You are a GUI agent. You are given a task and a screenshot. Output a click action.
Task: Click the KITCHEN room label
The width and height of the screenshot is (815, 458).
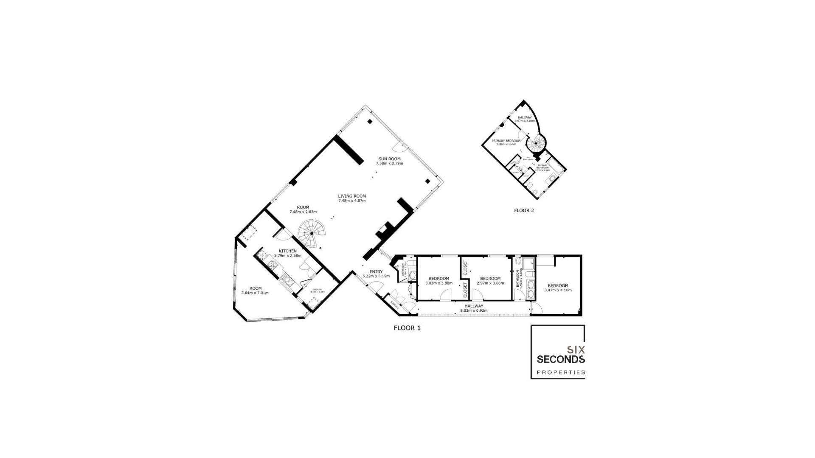[287, 251]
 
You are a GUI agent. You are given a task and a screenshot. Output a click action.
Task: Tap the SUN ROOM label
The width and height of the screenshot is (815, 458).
[389, 159]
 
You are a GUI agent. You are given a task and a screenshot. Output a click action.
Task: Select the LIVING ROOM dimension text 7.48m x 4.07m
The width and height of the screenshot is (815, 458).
[351, 201]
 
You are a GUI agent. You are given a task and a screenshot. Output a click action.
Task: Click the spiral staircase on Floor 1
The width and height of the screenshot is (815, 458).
[311, 233]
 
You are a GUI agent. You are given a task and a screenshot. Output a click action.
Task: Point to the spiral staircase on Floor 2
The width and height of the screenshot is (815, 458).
[536, 143]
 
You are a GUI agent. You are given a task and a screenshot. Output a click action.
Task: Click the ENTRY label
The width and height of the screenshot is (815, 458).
[376, 272]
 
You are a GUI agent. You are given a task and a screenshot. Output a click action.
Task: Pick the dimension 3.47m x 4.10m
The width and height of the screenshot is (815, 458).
[558, 290]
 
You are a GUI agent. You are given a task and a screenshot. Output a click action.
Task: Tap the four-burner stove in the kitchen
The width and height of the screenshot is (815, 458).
[273, 265]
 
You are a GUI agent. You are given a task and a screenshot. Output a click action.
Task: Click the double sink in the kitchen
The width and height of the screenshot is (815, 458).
[288, 280]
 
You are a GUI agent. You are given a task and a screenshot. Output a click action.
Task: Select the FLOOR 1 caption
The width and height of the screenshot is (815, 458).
[407, 328]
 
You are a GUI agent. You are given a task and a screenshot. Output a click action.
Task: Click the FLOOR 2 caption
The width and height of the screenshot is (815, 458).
[524, 210]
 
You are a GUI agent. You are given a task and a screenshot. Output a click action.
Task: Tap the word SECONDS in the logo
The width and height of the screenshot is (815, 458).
[560, 360]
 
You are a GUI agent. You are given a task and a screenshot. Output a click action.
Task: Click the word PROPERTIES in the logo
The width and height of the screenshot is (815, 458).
[561, 373]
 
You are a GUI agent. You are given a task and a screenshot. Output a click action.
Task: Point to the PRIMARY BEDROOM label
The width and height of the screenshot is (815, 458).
[506, 140]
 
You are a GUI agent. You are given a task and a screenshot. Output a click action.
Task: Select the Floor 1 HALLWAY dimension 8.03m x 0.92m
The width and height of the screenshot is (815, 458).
[474, 311]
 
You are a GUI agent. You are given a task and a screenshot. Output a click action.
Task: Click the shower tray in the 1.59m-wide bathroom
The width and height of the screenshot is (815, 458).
[528, 264]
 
